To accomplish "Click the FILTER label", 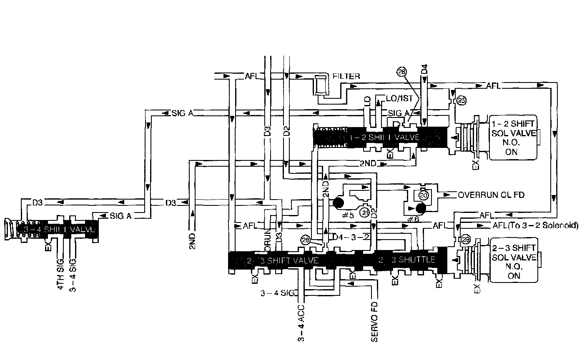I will [346, 76].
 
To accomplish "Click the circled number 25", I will [461, 100].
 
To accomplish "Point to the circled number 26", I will [401, 71].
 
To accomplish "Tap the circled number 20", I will [423, 195].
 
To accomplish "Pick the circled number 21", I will [365, 213].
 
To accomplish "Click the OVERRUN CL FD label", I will [491, 195].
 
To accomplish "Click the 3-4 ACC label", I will [301, 322].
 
